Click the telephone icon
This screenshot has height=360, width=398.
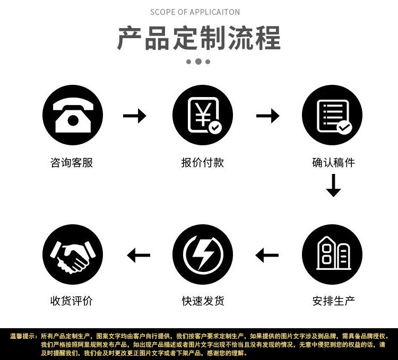coord(72,115)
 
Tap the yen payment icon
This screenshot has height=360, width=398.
coord(203,115)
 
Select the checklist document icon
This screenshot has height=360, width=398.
coord(332,115)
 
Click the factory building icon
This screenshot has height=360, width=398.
coord(332,254)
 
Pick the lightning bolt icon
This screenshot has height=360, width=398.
coord(203,254)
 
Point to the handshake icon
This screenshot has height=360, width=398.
coord(72,254)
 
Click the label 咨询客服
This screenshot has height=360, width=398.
coord(72,163)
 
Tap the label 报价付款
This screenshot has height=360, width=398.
coord(203,163)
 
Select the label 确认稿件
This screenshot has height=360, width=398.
coord(333,163)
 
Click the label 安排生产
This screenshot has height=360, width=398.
coord(333,301)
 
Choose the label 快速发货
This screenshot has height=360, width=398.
coord(203,301)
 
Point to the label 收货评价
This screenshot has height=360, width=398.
coord(72,301)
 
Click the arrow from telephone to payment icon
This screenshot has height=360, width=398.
coord(135,115)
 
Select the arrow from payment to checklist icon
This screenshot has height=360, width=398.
coord(268,115)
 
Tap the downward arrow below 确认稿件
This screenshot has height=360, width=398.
coord(333,185)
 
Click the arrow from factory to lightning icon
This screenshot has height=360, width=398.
coord(267,256)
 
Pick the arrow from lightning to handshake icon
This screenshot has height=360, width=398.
coord(139,256)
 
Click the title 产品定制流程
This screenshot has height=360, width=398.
coord(198,39)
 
